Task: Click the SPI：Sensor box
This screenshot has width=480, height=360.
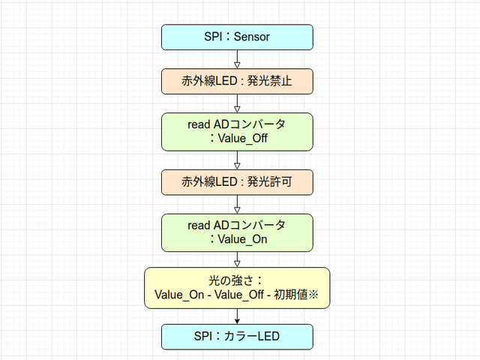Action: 237,37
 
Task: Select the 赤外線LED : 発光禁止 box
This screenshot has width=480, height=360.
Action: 237,81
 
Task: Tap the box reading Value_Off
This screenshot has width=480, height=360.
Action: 237,130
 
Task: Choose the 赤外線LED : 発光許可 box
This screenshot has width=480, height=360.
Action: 237,181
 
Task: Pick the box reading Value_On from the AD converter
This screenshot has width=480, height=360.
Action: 237,232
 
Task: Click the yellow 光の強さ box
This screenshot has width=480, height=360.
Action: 237,288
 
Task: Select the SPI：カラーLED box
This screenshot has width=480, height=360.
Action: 237,337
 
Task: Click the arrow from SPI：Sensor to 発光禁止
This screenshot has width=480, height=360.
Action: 237,59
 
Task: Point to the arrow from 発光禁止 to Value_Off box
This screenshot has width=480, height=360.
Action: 237,104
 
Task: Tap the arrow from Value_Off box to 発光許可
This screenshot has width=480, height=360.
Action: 237,159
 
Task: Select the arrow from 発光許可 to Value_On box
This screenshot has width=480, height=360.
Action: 237,204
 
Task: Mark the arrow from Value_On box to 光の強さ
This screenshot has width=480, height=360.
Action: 237,259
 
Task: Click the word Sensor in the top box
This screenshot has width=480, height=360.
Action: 250,37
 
